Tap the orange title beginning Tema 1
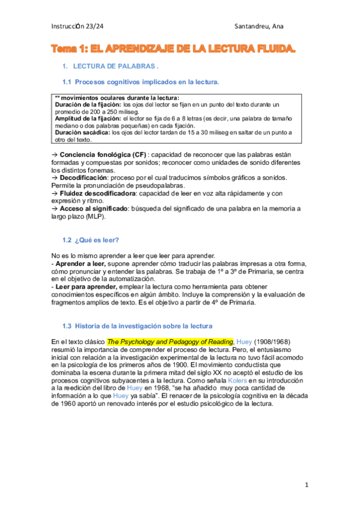tap(174, 48)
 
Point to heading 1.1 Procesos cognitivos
tap(141, 81)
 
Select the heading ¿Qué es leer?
tap(97, 240)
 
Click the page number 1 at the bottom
tap(306, 484)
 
